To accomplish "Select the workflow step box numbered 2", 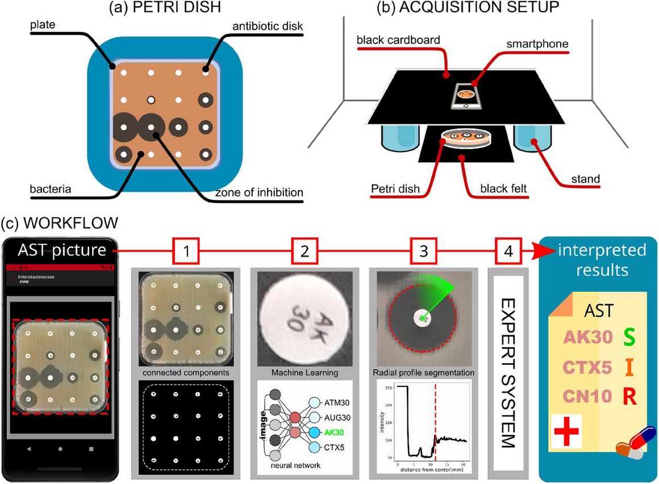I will coord(305,250).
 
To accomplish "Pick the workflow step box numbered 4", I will coord(508,250).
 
